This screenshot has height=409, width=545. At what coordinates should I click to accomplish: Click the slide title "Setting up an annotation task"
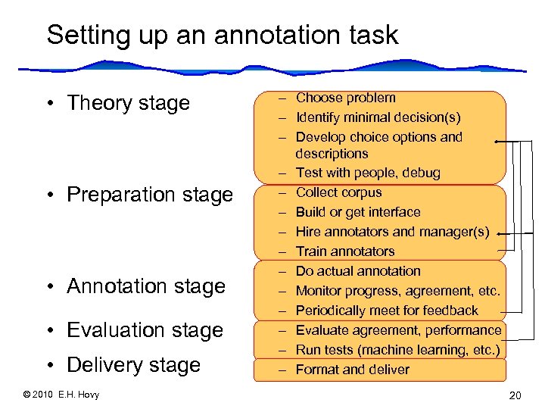pos(222,36)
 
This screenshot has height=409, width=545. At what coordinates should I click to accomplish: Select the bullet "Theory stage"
pos(128,103)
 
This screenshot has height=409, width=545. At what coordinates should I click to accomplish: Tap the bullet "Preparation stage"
pos(150,195)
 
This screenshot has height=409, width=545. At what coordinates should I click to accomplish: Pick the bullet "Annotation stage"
pos(146,286)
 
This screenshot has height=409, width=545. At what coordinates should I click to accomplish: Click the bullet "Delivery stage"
pos(133,365)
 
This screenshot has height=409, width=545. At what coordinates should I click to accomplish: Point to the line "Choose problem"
pos(345,98)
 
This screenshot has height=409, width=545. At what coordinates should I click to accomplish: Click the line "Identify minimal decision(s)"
pos(378,117)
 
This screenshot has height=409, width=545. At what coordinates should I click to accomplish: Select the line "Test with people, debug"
pos(367,173)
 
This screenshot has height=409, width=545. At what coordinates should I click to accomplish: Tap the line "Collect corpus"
pos(338,192)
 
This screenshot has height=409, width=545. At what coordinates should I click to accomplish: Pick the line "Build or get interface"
pos(357,212)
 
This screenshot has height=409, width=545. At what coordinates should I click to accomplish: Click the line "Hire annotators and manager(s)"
pos(392,232)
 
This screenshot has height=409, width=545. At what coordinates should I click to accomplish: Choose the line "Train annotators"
pos(344,251)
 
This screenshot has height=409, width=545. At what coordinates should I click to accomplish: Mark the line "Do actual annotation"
pos(357,271)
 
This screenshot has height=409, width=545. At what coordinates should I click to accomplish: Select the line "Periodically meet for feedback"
pos(387,311)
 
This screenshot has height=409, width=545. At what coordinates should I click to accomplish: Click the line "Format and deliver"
pos(352,370)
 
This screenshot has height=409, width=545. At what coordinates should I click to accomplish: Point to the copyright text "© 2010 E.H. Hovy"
pos(61,394)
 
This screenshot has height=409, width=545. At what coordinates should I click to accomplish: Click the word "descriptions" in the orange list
pos(332,154)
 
